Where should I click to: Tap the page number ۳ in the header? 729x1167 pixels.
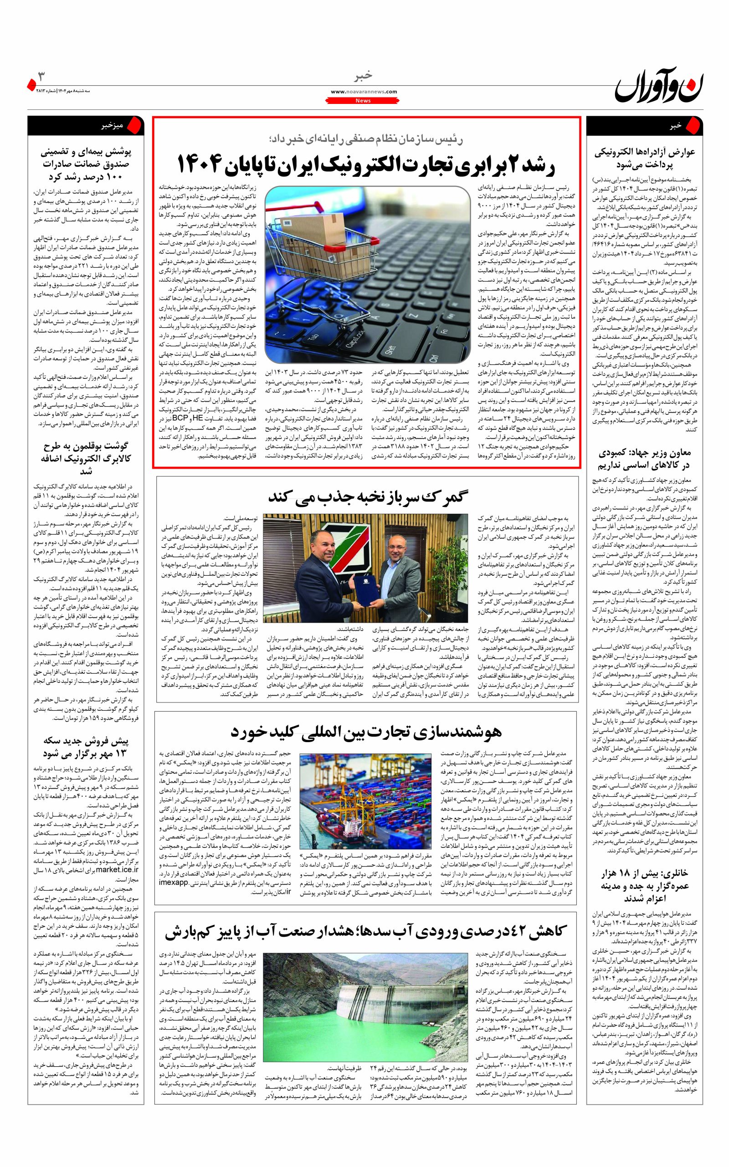[41, 76]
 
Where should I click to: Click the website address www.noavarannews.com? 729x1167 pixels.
[364, 91]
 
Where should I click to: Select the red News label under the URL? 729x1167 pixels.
[364, 101]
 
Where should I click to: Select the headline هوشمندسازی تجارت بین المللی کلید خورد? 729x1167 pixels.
[366, 732]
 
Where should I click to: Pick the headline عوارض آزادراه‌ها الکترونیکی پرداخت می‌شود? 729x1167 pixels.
[645, 158]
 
